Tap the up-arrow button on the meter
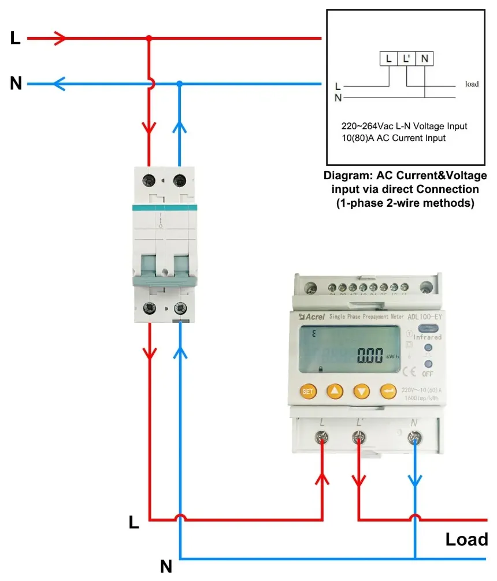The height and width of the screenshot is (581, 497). pyautogui.click(x=335, y=391)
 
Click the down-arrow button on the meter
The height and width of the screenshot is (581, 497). pyautogui.click(x=361, y=391)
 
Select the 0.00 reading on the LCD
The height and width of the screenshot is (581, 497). pyautogui.click(x=370, y=355)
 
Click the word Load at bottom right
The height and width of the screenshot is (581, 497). pyautogui.click(x=466, y=539)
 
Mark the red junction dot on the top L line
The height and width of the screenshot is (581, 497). pyautogui.click(x=149, y=39)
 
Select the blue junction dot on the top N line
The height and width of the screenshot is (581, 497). pyautogui.click(x=180, y=84)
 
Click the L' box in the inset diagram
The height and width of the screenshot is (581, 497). pyautogui.click(x=407, y=58)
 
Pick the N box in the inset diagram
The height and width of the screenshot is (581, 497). pyautogui.click(x=425, y=58)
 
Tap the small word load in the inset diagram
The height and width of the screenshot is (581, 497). pyautogui.click(x=472, y=84)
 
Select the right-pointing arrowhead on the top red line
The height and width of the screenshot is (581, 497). pyautogui.click(x=61, y=39)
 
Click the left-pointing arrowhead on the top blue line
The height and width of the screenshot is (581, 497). pyautogui.click(x=59, y=84)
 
